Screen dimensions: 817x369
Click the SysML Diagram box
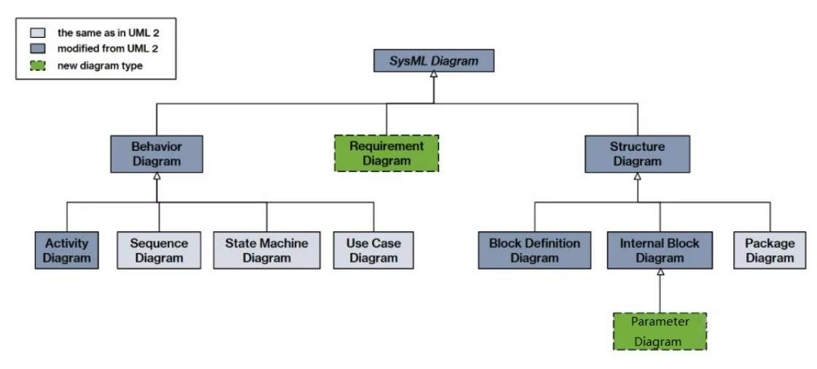[x=433, y=61]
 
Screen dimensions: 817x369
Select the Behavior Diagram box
[x=156, y=154]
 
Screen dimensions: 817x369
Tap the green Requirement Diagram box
[x=386, y=153]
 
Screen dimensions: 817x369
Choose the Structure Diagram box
[x=638, y=154]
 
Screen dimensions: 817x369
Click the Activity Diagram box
[x=66, y=250]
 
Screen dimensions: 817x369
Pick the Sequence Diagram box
[x=159, y=250]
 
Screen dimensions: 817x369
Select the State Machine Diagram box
[x=267, y=250]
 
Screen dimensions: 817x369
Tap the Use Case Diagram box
[x=373, y=250]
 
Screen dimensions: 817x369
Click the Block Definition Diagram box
[x=535, y=250]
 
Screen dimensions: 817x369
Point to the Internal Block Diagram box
[x=659, y=250]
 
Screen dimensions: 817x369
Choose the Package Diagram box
[x=770, y=250]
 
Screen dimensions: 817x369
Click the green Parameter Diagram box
[x=660, y=332]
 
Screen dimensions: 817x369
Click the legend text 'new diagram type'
[x=100, y=66]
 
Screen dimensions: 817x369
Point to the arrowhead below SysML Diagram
[x=433, y=74]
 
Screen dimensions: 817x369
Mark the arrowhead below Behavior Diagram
[x=157, y=176]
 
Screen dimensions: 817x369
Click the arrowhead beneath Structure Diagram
[x=638, y=176]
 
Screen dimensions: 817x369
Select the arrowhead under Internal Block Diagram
[x=660, y=272]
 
